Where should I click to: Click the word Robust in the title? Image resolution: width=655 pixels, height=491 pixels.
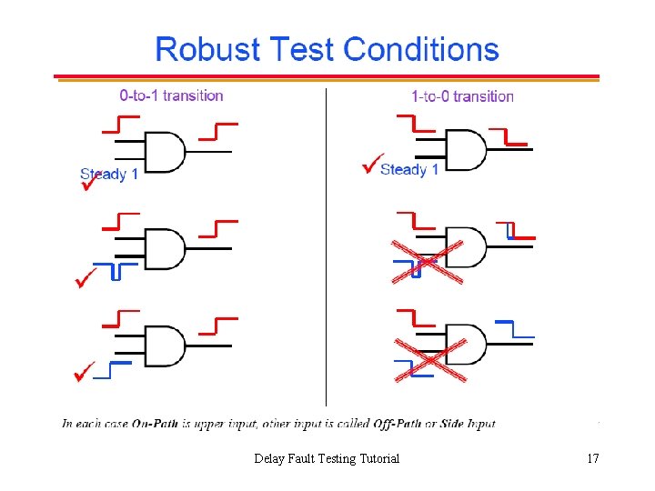coord(200,49)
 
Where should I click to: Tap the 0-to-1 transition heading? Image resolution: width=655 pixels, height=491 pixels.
coord(171,95)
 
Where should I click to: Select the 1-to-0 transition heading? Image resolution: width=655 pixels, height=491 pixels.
coord(462,95)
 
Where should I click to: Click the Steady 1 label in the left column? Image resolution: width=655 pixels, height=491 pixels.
coord(109,174)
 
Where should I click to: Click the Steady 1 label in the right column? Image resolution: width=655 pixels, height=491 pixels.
coord(409,169)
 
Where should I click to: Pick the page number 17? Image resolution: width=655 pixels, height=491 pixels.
coord(592,458)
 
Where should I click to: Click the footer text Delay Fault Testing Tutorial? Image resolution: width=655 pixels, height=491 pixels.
coord(327,458)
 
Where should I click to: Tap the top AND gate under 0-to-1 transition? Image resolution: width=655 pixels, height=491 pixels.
coord(165,152)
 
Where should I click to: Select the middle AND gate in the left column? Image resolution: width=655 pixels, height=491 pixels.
coord(165,247)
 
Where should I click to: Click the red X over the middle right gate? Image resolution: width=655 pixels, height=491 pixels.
coord(428,262)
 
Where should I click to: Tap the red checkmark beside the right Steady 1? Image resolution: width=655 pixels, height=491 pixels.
coord(371,165)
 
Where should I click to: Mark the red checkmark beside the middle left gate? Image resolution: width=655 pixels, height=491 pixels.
coord(86,276)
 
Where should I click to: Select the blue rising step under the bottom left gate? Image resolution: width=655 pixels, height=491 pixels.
coord(113,368)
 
